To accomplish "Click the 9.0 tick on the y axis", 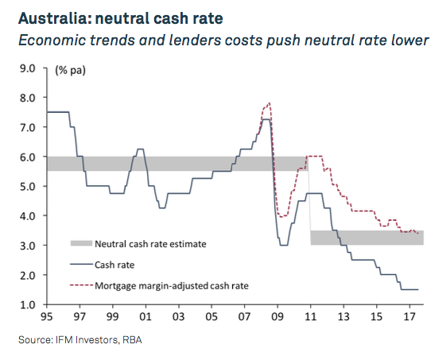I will click(28, 68).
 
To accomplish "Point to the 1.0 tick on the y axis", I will click(28, 305).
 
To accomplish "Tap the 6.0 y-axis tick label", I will click(28, 157).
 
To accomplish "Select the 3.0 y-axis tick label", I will click(28, 246).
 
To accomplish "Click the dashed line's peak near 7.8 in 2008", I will click(270, 103).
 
